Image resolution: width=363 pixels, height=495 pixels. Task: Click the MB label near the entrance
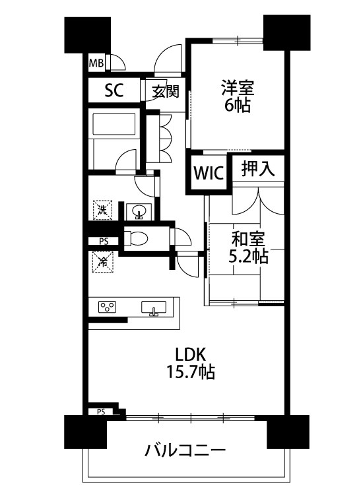(x=96, y=64)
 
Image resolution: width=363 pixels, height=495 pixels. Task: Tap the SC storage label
(x=114, y=91)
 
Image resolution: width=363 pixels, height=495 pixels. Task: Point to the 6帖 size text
(x=238, y=106)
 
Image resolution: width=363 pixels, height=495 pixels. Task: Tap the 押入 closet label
(x=257, y=169)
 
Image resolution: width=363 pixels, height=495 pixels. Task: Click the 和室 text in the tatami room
(x=248, y=238)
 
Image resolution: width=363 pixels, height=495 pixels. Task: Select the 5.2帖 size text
(x=248, y=256)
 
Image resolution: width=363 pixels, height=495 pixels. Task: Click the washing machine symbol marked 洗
(x=102, y=210)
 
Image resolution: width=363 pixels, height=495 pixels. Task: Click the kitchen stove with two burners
(x=107, y=306)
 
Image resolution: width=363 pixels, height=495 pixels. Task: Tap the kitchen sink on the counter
(x=153, y=308)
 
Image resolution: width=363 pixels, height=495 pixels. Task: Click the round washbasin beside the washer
(x=139, y=212)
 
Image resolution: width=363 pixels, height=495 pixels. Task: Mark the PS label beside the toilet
(x=104, y=241)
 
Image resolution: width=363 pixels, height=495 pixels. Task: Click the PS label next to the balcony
(x=101, y=412)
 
